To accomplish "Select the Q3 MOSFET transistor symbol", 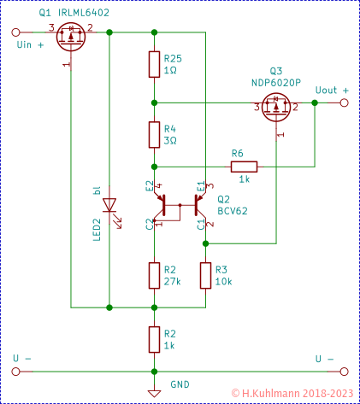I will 275,108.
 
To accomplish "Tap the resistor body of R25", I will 154,64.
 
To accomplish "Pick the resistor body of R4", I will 154,134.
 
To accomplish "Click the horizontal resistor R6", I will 243,166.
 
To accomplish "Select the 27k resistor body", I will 154,274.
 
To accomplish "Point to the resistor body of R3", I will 205,274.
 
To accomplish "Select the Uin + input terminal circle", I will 15,33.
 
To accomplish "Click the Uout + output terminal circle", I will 345,102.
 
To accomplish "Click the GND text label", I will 180,384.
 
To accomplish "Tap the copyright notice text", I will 292,394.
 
